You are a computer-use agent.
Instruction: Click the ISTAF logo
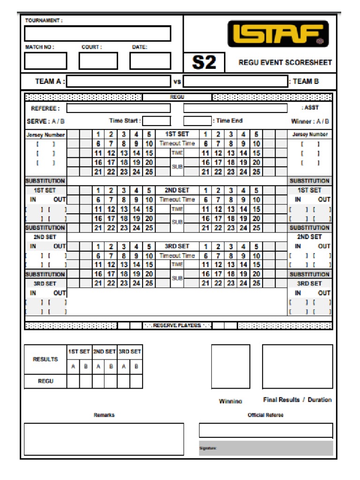(278, 34)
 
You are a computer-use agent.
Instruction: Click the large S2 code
(204, 62)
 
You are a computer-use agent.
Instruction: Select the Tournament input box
(97, 34)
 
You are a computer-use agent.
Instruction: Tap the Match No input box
(45, 61)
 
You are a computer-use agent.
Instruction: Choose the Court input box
(98, 61)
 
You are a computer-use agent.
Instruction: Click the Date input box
(150, 61)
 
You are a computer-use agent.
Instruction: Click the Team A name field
(118, 82)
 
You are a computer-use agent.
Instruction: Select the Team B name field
(235, 82)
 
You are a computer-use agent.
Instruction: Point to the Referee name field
(118, 108)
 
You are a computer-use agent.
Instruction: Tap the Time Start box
(156, 121)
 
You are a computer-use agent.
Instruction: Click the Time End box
(197, 121)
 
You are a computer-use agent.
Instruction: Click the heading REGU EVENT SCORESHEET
(285, 62)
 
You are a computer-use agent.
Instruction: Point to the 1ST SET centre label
(177, 134)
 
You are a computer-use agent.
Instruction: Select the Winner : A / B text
(310, 121)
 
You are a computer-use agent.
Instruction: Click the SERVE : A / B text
(46, 121)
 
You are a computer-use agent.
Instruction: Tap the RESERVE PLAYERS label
(177, 325)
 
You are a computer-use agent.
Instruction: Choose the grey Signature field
(266, 448)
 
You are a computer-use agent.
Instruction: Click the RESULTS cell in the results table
(45, 360)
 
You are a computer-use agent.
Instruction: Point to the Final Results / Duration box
(297, 367)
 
